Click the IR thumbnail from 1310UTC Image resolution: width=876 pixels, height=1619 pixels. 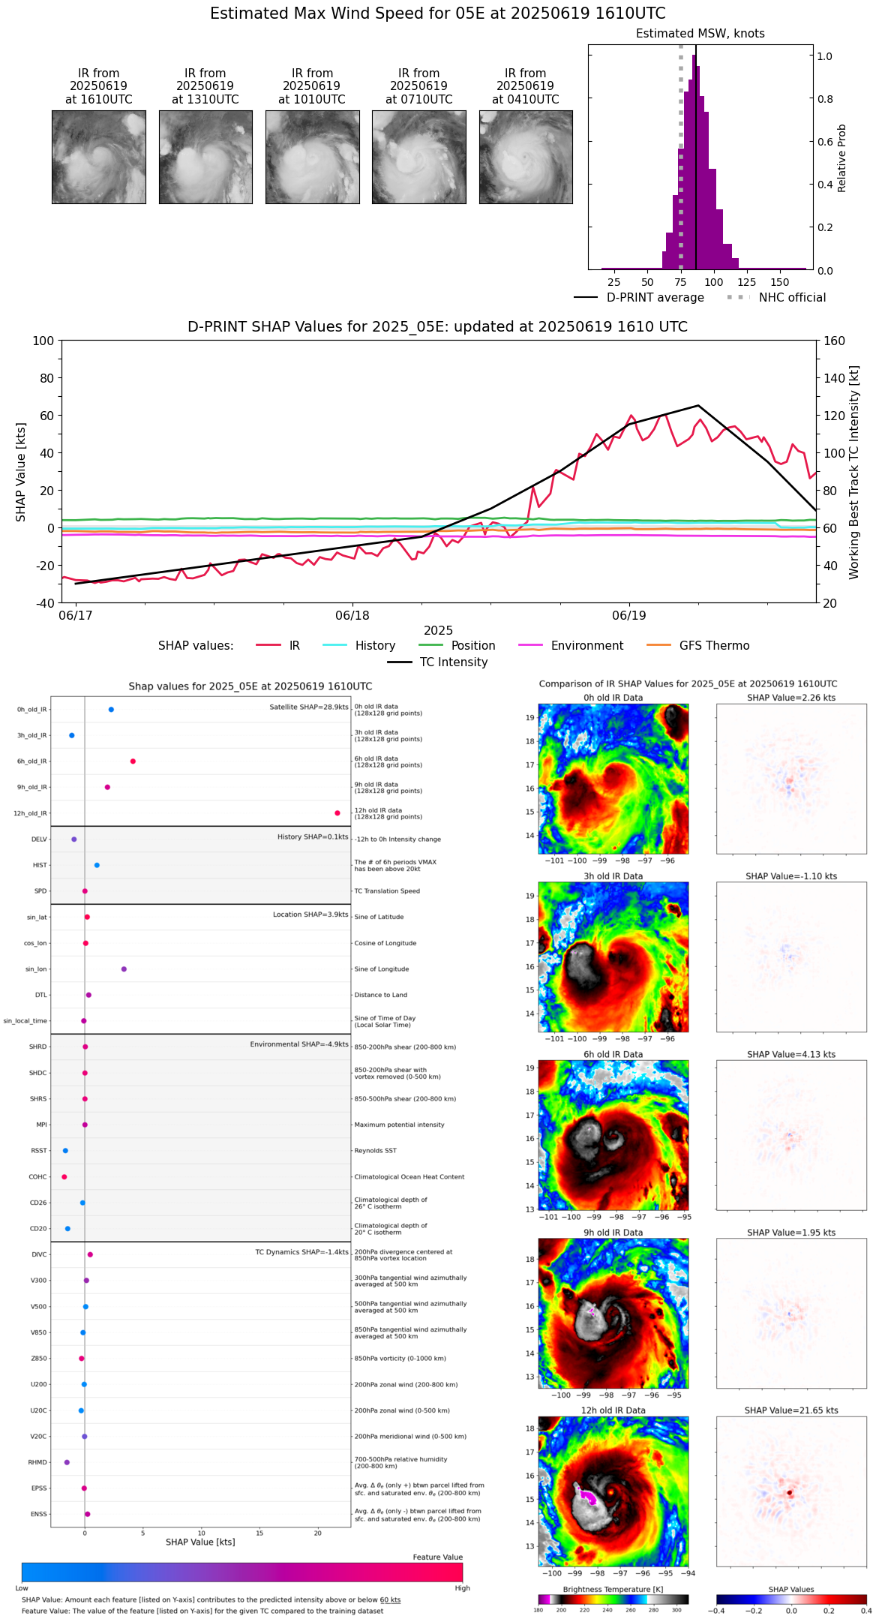[x=205, y=157]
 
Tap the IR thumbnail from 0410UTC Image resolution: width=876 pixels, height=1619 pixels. [x=526, y=157]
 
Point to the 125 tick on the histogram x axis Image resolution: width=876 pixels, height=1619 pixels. [x=747, y=282]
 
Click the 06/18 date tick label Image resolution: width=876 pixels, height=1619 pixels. [x=352, y=616]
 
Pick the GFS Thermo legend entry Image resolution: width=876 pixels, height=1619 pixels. [x=714, y=646]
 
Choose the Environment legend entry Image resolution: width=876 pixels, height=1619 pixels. [x=586, y=646]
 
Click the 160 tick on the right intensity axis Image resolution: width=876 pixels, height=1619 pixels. [x=835, y=341]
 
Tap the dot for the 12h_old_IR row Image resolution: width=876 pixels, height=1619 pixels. [x=337, y=813]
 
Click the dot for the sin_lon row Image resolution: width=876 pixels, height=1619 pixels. [x=124, y=969]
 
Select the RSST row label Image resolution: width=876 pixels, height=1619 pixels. [x=38, y=1151]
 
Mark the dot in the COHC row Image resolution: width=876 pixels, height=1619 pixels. [x=64, y=1177]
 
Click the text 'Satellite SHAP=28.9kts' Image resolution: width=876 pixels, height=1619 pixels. [x=309, y=707]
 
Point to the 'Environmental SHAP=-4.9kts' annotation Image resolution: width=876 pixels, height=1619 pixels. [x=299, y=1044]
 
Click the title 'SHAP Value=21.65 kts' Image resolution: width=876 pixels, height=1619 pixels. [x=791, y=1410]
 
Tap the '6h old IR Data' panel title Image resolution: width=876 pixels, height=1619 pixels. [x=613, y=1054]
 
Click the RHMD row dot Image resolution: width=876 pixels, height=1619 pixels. [x=67, y=1462]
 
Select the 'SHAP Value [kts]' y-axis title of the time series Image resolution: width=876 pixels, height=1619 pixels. [x=21, y=472]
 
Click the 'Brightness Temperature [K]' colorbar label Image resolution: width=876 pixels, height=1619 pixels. [x=613, y=1589]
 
